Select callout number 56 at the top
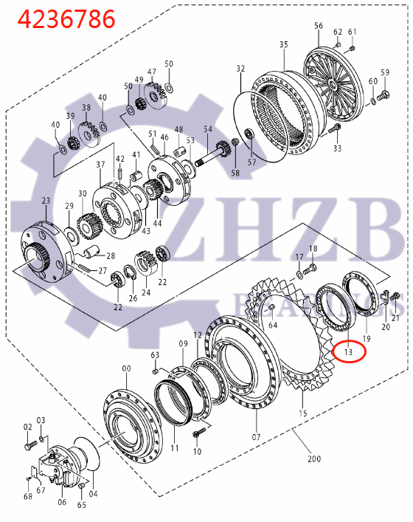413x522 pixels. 319,26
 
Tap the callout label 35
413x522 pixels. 284,45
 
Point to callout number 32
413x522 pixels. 240,69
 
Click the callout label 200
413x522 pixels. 314,459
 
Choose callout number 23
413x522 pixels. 46,201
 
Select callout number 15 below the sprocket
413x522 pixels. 302,413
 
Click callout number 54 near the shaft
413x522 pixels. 208,129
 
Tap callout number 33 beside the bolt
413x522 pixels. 338,148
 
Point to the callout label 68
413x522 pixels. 27,496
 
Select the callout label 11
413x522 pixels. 174,447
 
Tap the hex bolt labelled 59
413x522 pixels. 382,96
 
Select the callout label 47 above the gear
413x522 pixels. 152,72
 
